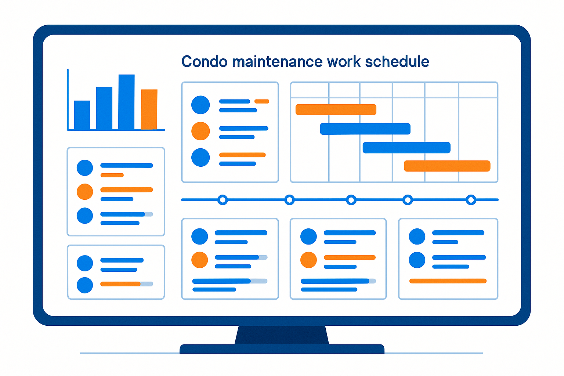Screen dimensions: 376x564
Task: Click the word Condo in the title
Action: (204, 62)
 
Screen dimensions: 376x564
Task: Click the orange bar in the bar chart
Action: (149, 109)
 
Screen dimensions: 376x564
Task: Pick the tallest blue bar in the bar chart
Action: (126, 102)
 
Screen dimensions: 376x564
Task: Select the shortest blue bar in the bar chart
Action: (82, 115)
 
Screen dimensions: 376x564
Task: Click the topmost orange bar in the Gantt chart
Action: (336, 109)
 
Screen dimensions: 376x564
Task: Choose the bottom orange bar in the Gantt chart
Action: (447, 166)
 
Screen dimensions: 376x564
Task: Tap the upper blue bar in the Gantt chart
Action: (365, 129)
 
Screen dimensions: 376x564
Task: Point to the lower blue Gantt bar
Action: (406, 148)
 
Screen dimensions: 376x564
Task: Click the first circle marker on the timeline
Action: (223, 200)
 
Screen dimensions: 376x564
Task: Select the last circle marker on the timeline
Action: (471, 200)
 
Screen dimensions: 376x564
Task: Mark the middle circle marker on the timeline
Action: (351, 200)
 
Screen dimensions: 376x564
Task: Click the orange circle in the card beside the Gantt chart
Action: (200, 131)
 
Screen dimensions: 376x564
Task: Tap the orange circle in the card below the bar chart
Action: (85, 192)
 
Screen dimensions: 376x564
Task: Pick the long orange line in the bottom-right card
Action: (448, 281)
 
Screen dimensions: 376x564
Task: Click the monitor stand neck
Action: (282, 335)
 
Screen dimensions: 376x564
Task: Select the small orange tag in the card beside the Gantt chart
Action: (262, 101)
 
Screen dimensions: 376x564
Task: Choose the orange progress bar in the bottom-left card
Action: (120, 284)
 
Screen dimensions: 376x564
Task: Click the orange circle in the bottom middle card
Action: (308, 260)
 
